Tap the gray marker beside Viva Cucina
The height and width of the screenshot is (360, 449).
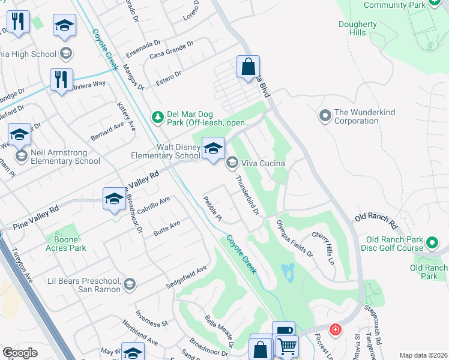point(232,163)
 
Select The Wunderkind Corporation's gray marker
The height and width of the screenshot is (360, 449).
point(325,114)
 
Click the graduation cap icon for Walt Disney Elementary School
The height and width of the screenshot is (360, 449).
point(212,148)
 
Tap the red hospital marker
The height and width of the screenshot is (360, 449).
point(335,329)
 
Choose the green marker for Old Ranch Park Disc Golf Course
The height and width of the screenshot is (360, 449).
point(432,243)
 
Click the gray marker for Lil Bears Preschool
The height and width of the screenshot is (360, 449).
point(129,284)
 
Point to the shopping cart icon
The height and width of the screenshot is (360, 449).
point(287,346)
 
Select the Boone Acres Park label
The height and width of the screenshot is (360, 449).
point(66,243)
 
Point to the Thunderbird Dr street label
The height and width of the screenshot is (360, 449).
point(247,195)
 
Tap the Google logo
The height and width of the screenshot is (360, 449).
point(20,353)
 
